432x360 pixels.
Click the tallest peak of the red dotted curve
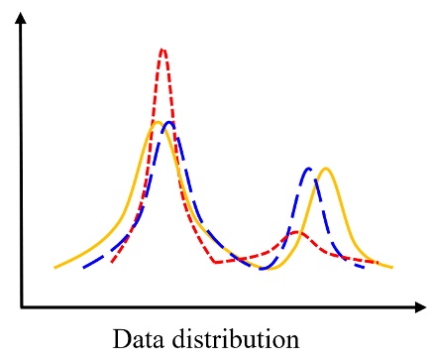pos(162,50)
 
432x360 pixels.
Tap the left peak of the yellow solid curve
pos(157,123)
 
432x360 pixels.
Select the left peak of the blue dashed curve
pos(170,123)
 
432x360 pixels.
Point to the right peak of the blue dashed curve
pos(310,170)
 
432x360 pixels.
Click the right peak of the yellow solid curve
pos(325,170)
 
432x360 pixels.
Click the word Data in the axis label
pos(136,339)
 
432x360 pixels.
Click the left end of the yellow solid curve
pos(55,268)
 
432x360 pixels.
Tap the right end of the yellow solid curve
pos(392,268)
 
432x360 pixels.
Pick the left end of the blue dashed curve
pos(84,268)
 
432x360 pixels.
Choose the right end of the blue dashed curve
pos(365,267)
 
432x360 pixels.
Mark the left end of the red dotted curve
pos(112,264)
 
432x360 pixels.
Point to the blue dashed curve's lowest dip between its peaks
pos(264,268)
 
